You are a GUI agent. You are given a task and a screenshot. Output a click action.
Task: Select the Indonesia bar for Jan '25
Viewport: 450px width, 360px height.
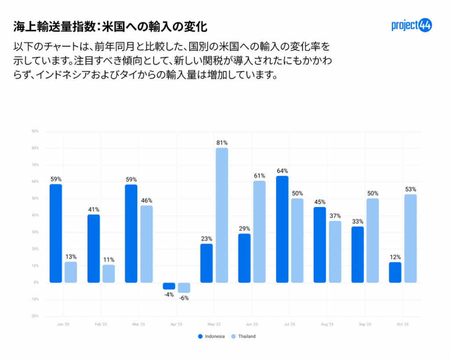[56, 233]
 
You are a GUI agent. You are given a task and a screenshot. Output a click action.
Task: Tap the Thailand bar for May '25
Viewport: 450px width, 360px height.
[221, 215]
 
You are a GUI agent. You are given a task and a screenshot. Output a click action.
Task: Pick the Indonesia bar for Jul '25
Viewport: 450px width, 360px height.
[282, 229]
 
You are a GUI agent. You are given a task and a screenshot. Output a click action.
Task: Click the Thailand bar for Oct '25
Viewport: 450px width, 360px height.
[410, 239]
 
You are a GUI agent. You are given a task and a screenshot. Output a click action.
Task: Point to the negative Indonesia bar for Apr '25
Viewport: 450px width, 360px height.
[169, 286]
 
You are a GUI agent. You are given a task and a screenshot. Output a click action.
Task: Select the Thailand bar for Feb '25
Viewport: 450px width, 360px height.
[109, 273]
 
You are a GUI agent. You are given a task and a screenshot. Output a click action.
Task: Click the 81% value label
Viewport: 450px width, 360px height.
[221, 142]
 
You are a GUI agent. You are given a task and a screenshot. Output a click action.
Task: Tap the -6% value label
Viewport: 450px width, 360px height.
[184, 298]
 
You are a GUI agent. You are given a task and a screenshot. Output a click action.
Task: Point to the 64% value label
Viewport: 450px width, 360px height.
[282, 171]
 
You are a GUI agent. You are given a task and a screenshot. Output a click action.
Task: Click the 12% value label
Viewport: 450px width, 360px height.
[395, 257]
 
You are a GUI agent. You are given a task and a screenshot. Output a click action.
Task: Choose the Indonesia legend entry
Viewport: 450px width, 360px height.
[211, 336]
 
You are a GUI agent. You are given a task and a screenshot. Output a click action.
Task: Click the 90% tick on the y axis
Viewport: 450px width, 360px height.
[35, 131]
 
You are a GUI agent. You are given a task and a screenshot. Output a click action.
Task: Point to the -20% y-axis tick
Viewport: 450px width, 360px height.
[35, 316]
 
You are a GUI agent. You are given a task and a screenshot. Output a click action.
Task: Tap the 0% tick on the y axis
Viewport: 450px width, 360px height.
[36, 283]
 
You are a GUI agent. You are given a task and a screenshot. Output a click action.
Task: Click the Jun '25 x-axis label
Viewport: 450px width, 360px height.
[252, 324]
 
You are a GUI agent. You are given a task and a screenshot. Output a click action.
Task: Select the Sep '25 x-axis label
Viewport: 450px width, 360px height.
[365, 324]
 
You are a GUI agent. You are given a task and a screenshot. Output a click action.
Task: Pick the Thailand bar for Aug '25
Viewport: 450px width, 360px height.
[335, 252]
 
